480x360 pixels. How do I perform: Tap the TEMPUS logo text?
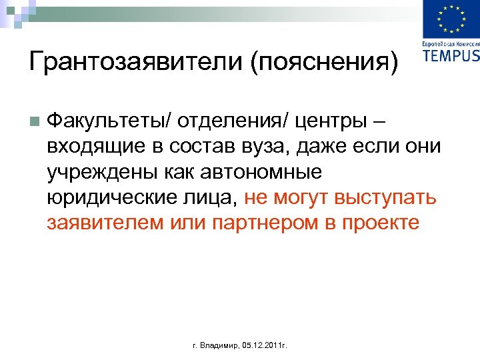pyautogui.click(x=451, y=55)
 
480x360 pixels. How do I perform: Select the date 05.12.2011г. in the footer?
pyautogui.click(x=263, y=347)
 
